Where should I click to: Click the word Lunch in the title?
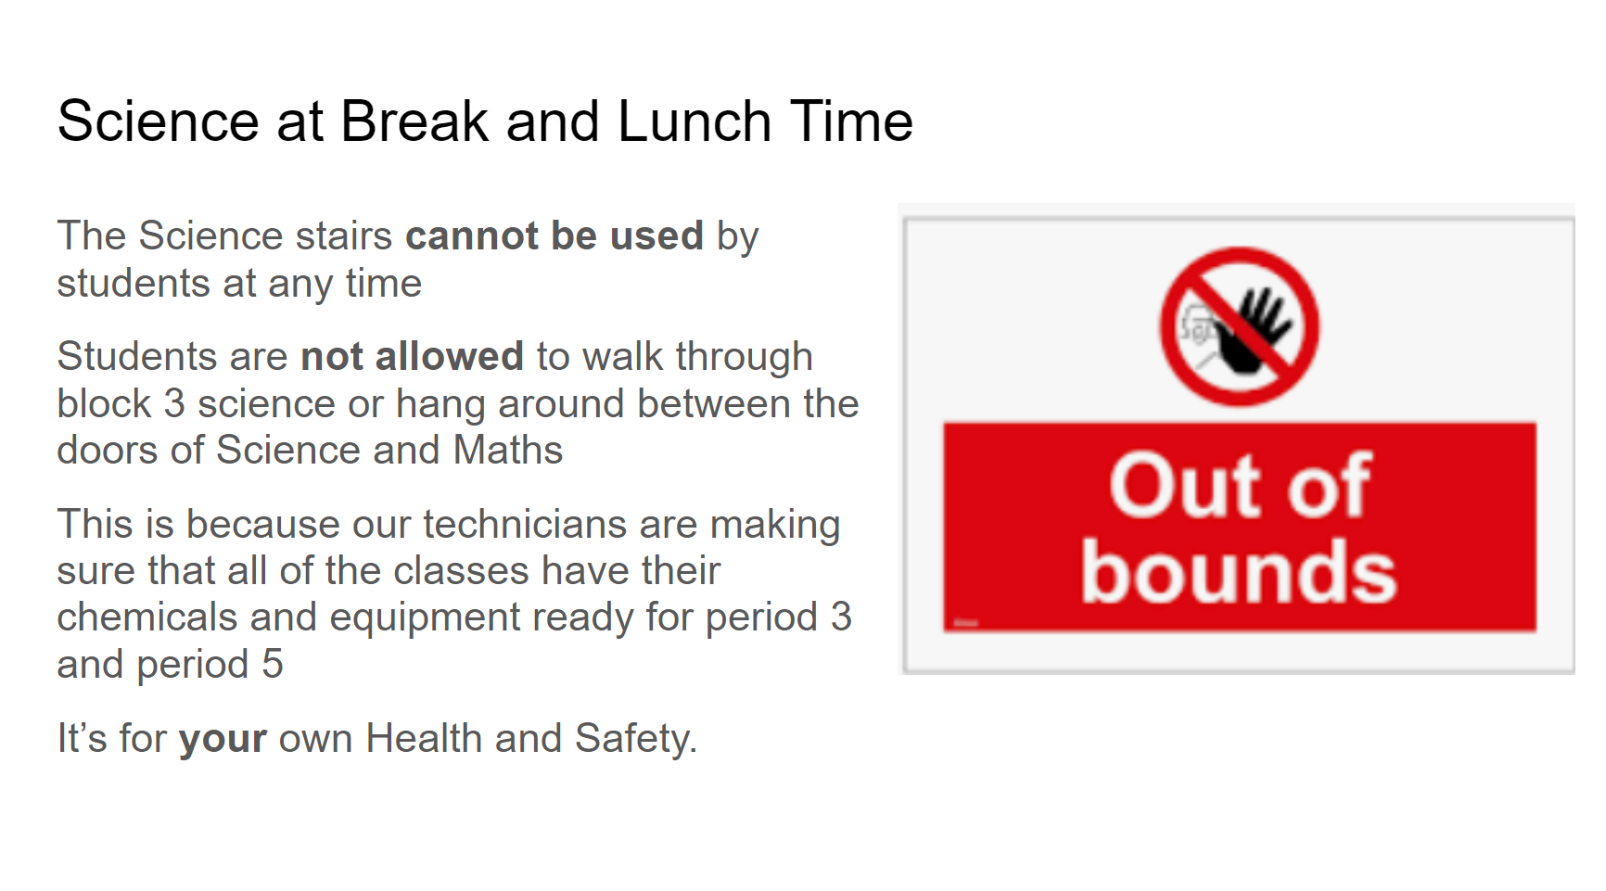[695, 121]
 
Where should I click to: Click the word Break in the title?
[414, 121]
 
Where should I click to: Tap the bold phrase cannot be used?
[554, 235]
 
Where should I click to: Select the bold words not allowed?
[413, 356]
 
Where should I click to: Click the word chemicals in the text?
[147, 617]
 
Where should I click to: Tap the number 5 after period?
[273, 664]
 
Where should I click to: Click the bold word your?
[223, 740]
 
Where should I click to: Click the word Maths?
[508, 450]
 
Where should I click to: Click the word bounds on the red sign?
[1239, 571]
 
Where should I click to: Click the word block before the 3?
[104, 403]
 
